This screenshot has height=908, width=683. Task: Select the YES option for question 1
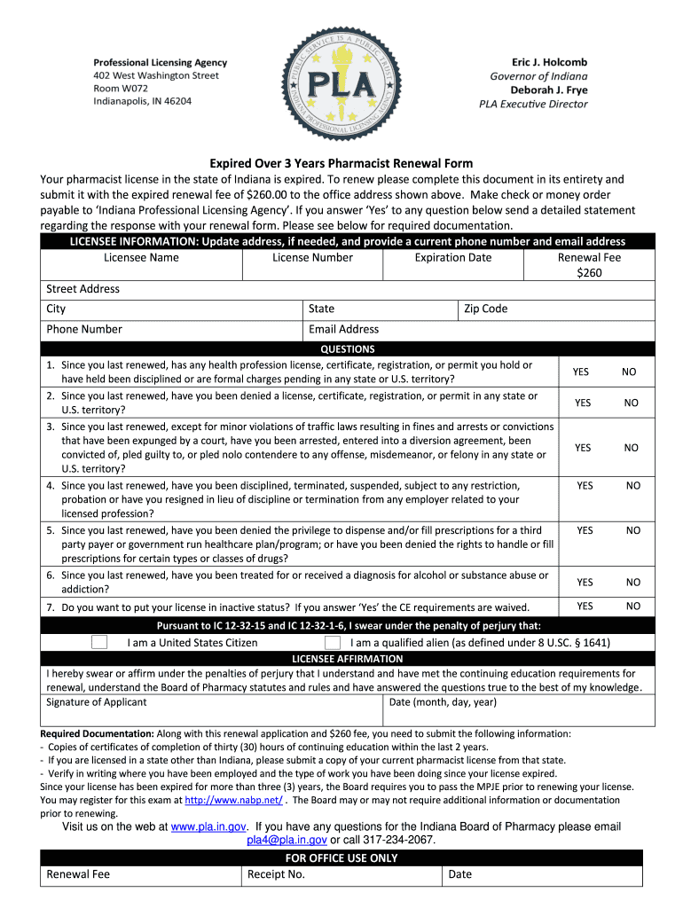pyautogui.click(x=580, y=372)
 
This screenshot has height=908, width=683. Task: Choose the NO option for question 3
pyautogui.click(x=631, y=448)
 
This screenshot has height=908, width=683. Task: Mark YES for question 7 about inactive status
pyautogui.click(x=585, y=606)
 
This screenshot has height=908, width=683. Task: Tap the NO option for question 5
pyautogui.click(x=632, y=530)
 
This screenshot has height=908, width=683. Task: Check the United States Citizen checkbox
pyautogui.click(x=100, y=642)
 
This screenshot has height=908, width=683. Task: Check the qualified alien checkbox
pyautogui.click(x=333, y=642)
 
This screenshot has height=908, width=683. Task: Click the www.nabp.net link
pyautogui.click(x=233, y=800)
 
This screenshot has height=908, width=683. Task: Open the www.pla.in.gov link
pyautogui.click(x=208, y=826)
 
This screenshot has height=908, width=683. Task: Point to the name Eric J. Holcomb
pyautogui.click(x=549, y=62)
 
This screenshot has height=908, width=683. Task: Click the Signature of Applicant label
pyautogui.click(x=97, y=702)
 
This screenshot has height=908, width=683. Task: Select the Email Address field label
pyautogui.click(x=343, y=329)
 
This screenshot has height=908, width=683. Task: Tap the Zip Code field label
pyautogui.click(x=485, y=309)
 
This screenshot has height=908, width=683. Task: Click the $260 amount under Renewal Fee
pyautogui.click(x=589, y=273)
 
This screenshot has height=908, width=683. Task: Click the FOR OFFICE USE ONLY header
pyautogui.click(x=341, y=858)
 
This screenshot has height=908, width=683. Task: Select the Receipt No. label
pyautogui.click(x=277, y=874)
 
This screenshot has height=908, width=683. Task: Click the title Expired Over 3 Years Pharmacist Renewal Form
pyautogui.click(x=341, y=163)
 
